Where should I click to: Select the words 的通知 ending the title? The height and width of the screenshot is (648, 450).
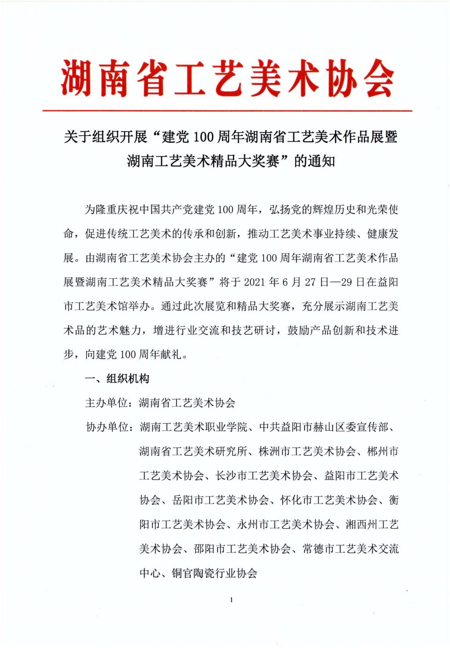point(314,161)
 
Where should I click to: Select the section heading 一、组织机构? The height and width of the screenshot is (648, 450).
point(117,378)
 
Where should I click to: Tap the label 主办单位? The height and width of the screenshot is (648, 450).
point(106,403)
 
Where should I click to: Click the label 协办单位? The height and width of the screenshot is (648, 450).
point(106,427)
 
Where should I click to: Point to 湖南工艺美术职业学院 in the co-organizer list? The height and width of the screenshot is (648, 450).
point(193,427)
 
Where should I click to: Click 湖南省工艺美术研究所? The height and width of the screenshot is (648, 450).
point(193,451)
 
